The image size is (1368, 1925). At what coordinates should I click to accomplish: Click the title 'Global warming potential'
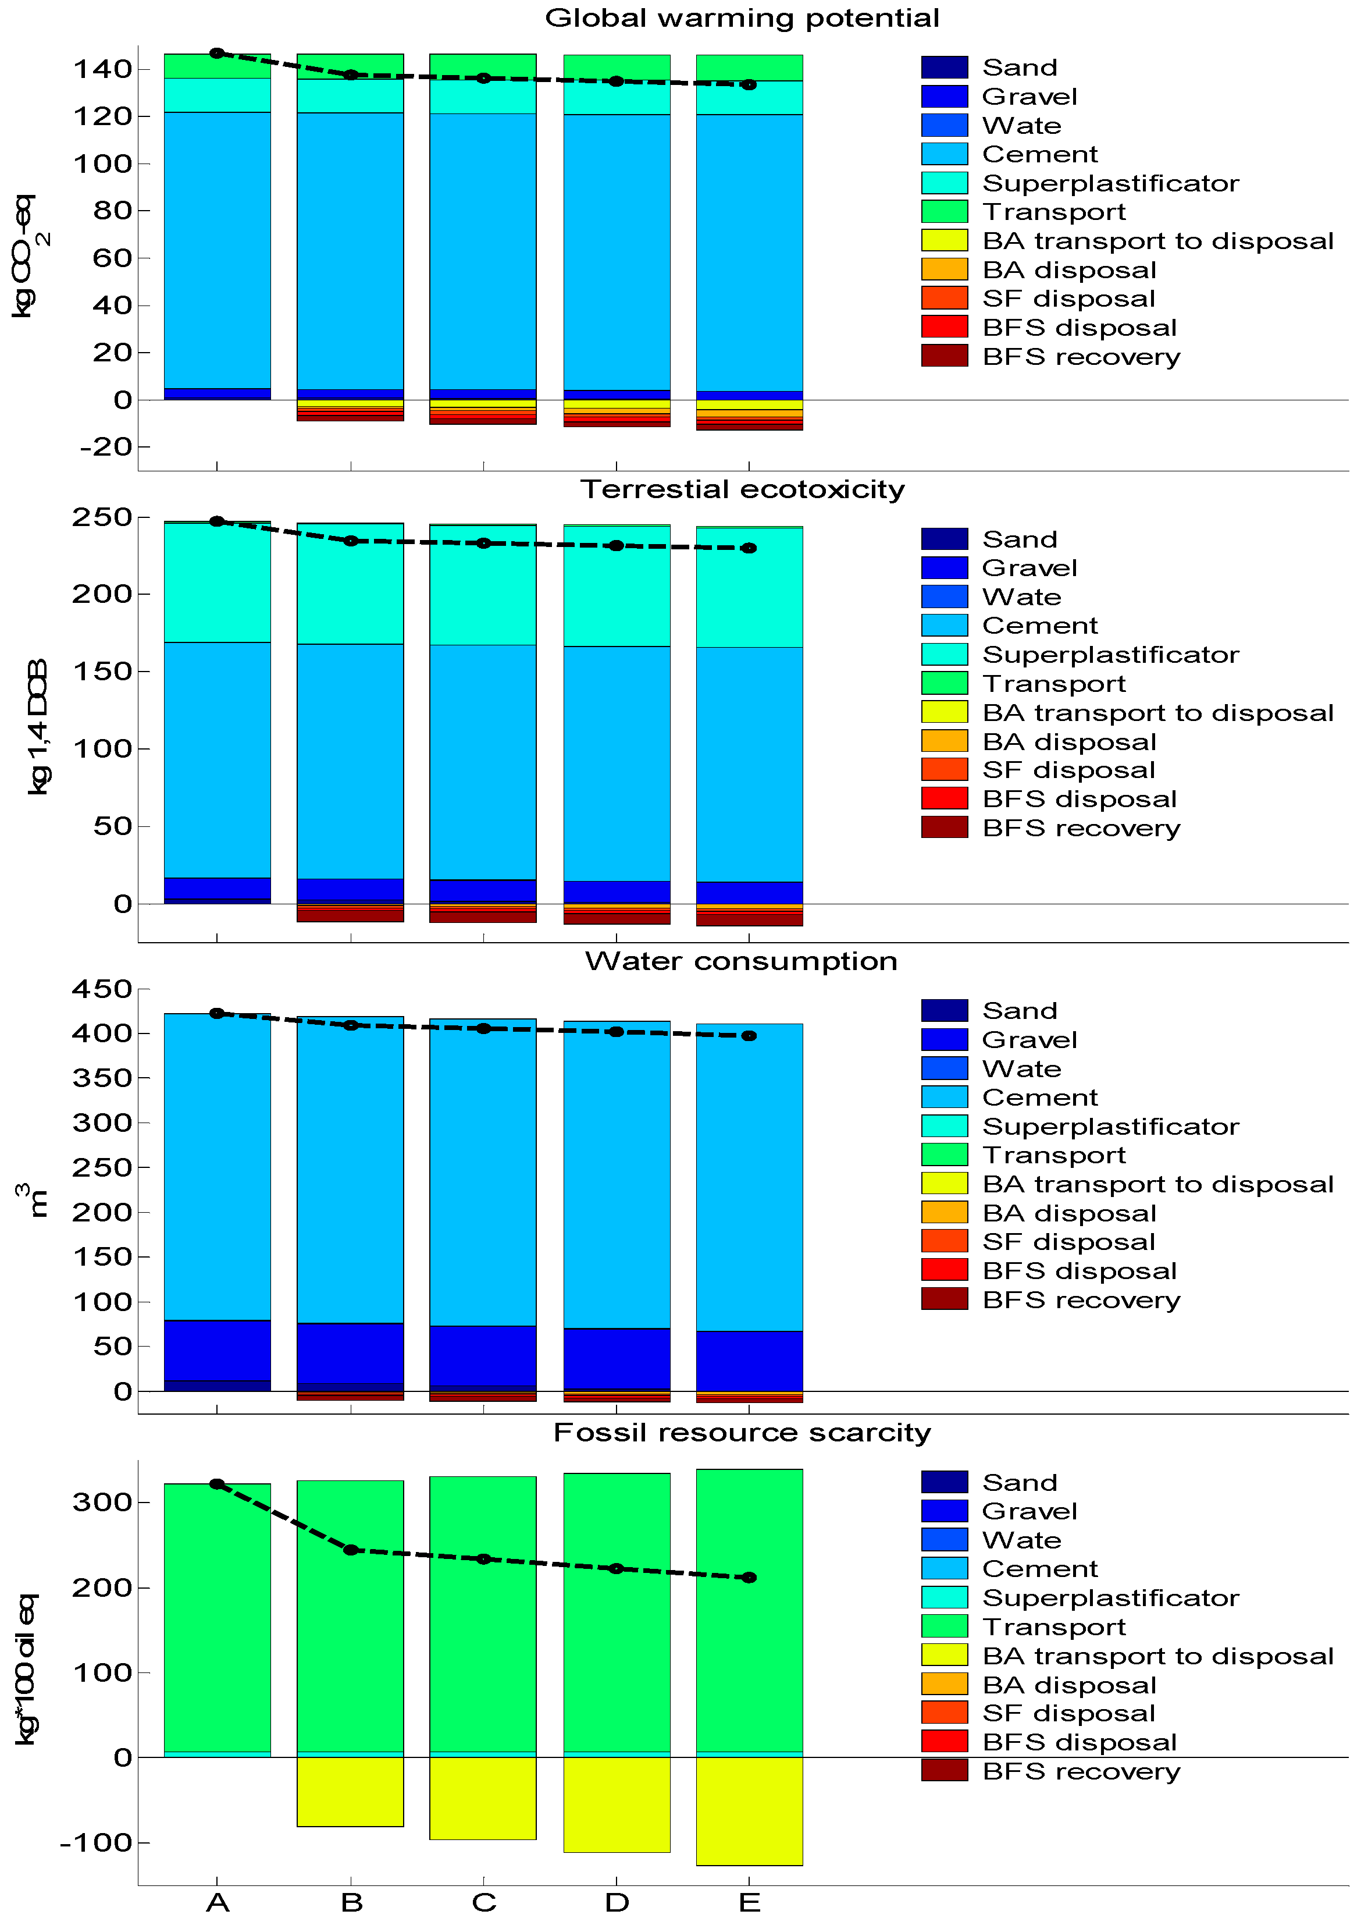point(741,17)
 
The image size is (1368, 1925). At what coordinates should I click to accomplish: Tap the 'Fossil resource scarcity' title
point(741,1432)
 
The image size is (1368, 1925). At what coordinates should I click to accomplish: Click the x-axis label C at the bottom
point(483,1902)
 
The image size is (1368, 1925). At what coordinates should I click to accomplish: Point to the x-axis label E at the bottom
point(749,1902)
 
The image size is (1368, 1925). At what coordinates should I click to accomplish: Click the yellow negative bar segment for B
point(350,1791)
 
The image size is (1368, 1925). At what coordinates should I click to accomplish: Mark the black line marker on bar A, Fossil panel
point(218,1484)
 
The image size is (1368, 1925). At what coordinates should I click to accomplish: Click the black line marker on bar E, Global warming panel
point(749,84)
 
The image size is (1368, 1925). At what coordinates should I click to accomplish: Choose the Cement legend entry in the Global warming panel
point(1039,154)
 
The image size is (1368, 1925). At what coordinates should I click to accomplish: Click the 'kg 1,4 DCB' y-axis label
point(38,726)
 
